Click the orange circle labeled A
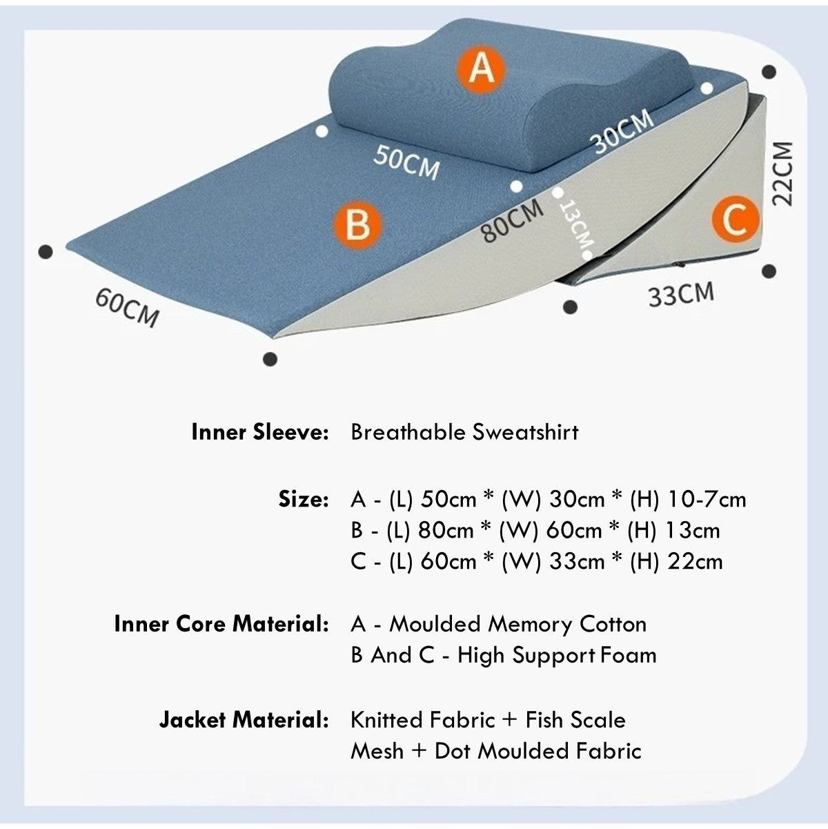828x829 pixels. [x=481, y=69]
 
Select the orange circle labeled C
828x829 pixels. [x=735, y=220]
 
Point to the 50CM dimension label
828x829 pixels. [x=406, y=162]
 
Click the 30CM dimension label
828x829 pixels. [x=622, y=130]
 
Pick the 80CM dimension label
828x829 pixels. [x=512, y=220]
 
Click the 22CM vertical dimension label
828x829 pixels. [x=781, y=174]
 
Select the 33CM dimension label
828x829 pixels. [x=681, y=294]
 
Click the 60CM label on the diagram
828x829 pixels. [x=128, y=307]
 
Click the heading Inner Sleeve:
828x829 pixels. [x=260, y=432]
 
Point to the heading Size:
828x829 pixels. [x=303, y=499]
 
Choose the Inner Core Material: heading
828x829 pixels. [x=221, y=624]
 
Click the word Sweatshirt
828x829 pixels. [x=525, y=432]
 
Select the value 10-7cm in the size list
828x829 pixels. [x=707, y=500]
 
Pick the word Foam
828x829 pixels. [x=628, y=655]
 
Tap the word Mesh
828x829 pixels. [x=377, y=751]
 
